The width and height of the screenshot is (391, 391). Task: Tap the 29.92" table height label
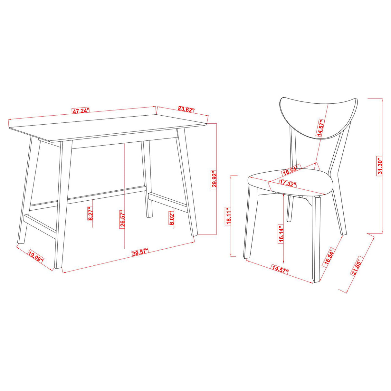point(214,180)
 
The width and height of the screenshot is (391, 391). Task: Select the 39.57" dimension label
point(140,252)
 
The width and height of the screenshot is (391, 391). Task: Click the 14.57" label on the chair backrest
point(320,129)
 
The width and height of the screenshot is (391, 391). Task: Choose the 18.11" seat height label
point(229,215)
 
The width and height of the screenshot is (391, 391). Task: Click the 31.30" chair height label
point(380,167)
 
